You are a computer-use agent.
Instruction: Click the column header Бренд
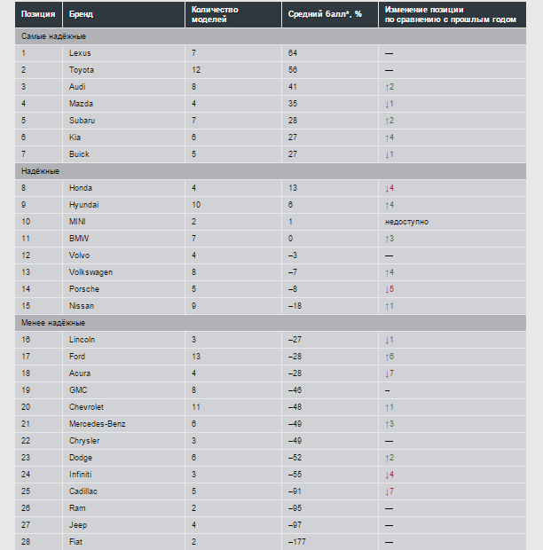(x=81, y=15)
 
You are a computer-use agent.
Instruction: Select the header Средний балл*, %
(x=325, y=15)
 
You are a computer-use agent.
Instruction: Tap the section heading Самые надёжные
(x=54, y=36)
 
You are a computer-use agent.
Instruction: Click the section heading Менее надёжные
(x=53, y=323)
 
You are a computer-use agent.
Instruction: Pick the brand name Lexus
(x=80, y=53)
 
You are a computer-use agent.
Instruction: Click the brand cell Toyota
(x=82, y=70)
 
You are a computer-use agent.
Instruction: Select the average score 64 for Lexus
(x=293, y=53)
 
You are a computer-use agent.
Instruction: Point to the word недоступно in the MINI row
(x=406, y=222)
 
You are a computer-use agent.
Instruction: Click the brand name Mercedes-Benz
(x=98, y=424)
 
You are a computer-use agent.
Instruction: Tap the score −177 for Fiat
(x=297, y=542)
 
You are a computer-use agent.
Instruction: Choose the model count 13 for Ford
(x=195, y=357)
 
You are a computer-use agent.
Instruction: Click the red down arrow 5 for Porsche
(x=390, y=289)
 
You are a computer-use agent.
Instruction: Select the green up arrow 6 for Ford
(x=390, y=357)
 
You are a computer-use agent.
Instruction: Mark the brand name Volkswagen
(x=90, y=272)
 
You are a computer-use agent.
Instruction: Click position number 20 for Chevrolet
(x=26, y=407)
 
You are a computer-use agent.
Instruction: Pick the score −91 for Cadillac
(x=295, y=491)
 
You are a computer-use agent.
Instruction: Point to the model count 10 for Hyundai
(x=195, y=205)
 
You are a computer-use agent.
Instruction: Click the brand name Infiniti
(x=81, y=475)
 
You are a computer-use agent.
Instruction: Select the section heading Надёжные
(x=41, y=171)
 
